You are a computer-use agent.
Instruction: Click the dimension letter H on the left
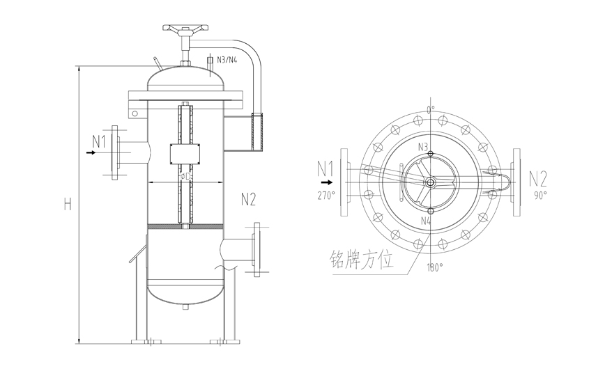tap(68, 204)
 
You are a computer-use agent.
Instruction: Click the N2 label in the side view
tap(248, 200)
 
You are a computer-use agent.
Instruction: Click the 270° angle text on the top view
tap(326, 196)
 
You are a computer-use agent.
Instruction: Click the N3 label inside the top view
tap(423, 147)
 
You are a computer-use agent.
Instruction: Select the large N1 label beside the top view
tap(326, 169)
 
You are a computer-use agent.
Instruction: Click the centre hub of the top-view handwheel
tap(430, 182)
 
